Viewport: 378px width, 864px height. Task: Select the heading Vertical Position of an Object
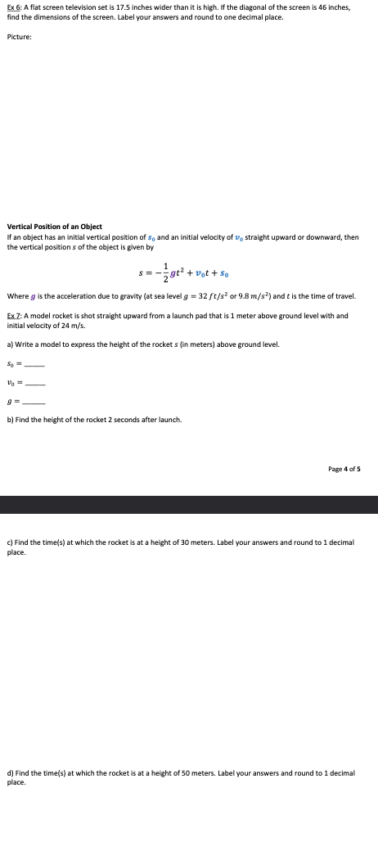tap(54, 227)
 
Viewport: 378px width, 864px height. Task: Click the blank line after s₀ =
tap(34, 365)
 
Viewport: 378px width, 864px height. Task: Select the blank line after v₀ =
tap(34, 384)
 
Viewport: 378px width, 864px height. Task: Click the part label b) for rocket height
tap(10, 420)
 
